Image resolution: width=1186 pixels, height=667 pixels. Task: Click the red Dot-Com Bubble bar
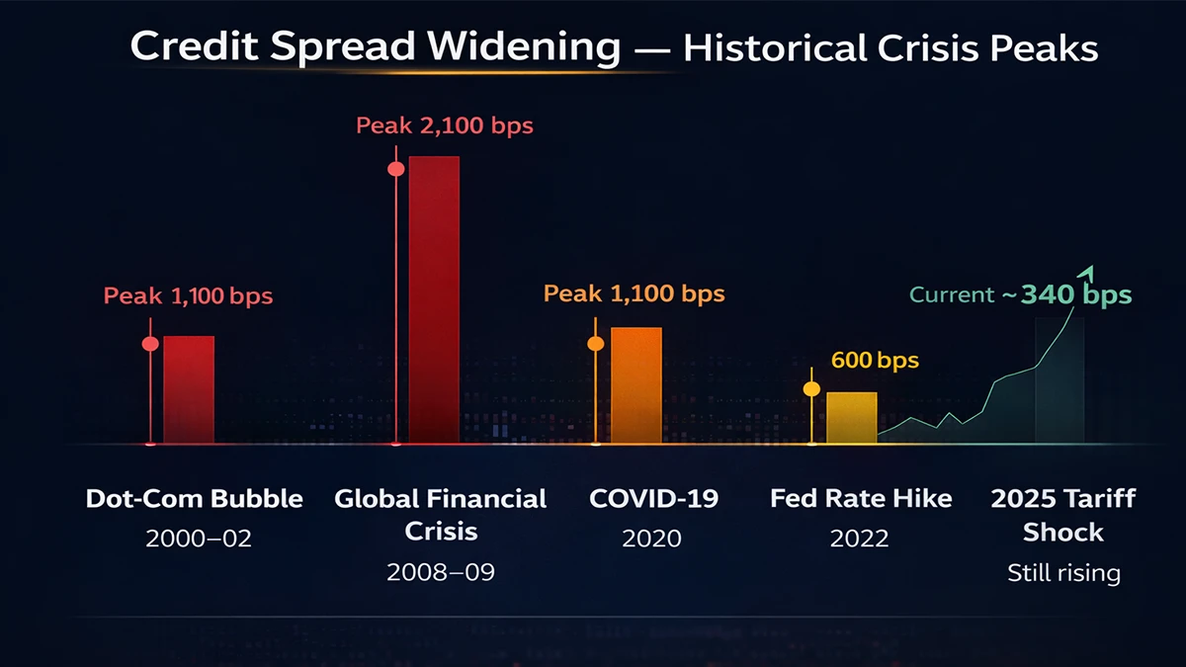pos(188,389)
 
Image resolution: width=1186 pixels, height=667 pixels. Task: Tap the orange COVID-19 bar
pos(635,384)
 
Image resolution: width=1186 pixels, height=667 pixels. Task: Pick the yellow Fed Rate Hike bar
pos(851,417)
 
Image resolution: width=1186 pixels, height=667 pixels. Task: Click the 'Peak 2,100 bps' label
pos(444,126)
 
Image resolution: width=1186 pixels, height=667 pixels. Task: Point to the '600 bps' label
pos(875,361)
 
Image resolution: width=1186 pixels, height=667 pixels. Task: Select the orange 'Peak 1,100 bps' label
pos(635,293)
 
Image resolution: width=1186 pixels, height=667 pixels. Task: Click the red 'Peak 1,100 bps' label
pos(189,295)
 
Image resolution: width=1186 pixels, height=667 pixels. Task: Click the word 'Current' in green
pos(952,294)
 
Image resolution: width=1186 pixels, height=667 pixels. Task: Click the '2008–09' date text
pos(440,572)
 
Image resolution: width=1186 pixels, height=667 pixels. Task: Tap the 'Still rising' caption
pos(1063,572)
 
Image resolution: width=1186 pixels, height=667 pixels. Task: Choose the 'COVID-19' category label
pos(652,498)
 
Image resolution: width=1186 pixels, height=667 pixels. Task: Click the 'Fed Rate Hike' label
pos(861,498)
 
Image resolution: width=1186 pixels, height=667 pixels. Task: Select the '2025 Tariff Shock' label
pos(1063,515)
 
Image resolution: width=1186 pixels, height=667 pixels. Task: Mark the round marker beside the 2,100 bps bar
pos(396,169)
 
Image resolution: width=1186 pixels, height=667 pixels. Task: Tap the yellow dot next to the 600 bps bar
pos(811,389)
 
